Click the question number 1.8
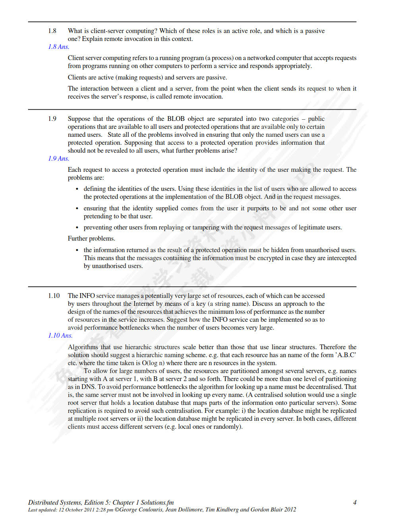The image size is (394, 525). (x=52, y=31)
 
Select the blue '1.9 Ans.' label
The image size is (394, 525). (x=59, y=158)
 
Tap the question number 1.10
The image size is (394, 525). (x=54, y=296)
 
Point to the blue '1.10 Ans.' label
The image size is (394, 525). (x=60, y=335)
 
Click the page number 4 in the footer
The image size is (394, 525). (x=355, y=502)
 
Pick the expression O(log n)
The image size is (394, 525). (x=153, y=363)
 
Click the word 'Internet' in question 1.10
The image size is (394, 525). (x=143, y=303)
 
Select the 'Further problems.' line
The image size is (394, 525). (x=91, y=238)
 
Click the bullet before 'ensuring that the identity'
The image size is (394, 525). (x=77, y=208)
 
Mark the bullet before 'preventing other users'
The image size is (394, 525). (x=77, y=227)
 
